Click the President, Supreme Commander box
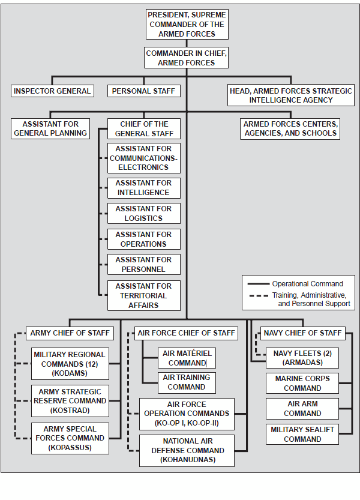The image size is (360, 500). [187, 24]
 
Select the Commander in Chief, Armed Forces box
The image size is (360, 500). [186, 58]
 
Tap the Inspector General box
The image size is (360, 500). [52, 91]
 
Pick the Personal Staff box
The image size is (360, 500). [144, 91]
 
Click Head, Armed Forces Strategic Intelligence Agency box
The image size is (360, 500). [291, 95]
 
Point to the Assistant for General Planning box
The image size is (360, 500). [50, 128]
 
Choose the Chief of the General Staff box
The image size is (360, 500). [144, 129]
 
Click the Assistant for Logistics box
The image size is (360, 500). [144, 213]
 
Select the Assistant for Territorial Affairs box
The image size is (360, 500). [144, 295]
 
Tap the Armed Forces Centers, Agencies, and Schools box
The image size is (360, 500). [290, 128]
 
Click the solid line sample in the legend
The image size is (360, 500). [259, 283]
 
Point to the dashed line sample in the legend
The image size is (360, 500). [259, 295]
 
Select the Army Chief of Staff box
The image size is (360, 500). [70, 333]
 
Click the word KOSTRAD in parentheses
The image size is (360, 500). [70, 410]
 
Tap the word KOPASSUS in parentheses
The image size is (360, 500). [70, 447]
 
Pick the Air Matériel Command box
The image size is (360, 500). [187, 358]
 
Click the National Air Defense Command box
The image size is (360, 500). [187, 451]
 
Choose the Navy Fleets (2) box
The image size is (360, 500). [302, 358]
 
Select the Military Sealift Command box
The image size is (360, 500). [302, 435]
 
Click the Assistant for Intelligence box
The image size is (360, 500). [144, 188]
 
